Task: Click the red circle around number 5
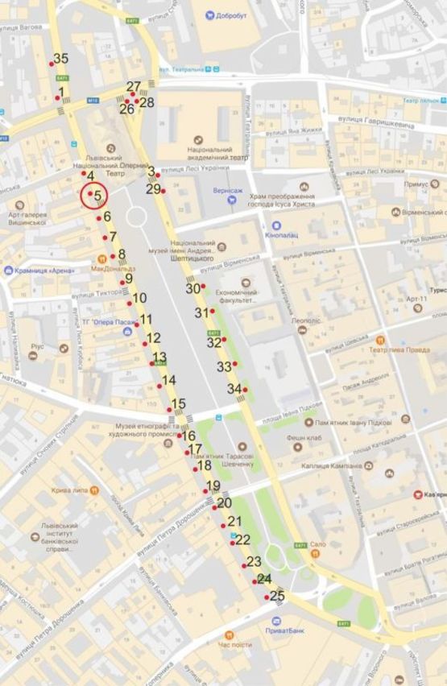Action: tap(94, 196)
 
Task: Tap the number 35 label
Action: tap(61, 58)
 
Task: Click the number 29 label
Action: tap(153, 189)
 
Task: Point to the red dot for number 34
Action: tap(246, 390)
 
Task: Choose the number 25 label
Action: tap(277, 597)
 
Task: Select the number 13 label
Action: tap(159, 357)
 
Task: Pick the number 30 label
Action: tap(192, 288)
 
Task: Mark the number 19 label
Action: tap(213, 486)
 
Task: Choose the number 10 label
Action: tap(139, 298)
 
